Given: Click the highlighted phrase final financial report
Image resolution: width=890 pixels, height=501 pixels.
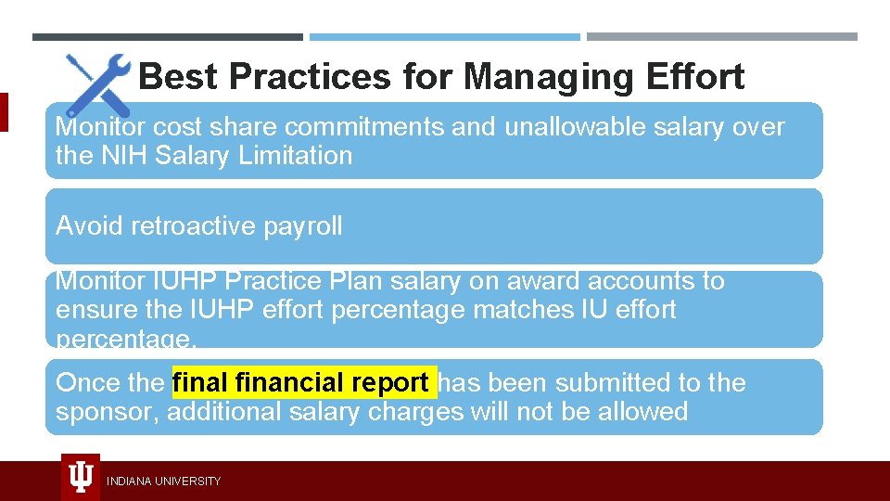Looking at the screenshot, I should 303,382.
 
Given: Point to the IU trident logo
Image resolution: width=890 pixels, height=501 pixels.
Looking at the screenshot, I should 81,477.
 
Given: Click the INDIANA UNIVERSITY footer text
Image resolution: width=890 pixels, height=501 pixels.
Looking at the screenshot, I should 163,481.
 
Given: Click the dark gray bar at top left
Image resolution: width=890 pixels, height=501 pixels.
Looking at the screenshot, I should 167,37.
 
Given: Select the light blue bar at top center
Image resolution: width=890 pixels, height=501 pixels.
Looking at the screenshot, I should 444,37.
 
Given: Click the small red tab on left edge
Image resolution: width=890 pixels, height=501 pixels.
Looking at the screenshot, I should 4,111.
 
